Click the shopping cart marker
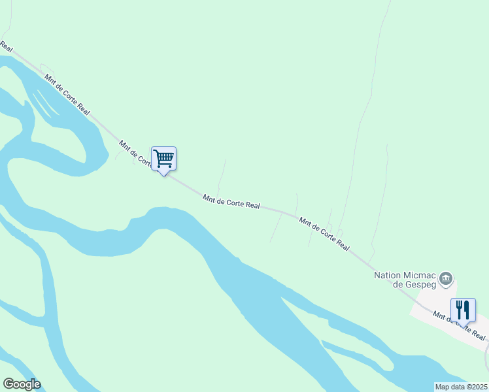pyautogui.click(x=163, y=158)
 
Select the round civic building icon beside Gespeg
pyautogui.click(x=446, y=279)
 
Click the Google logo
pyautogui.click(x=22, y=384)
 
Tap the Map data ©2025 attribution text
pyautogui.click(x=461, y=387)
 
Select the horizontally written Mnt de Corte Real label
pyautogui.click(x=231, y=201)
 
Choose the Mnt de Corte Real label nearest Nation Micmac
pyautogui.click(x=324, y=234)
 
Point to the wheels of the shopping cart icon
pyautogui.click(x=164, y=166)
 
